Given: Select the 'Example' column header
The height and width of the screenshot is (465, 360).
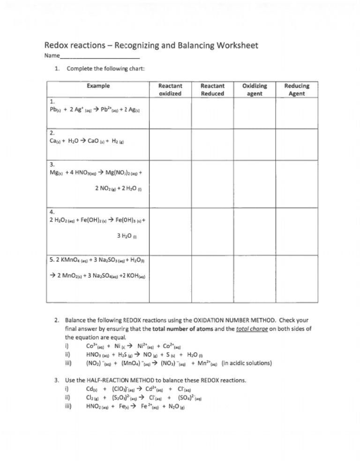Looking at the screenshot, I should [x=98, y=86].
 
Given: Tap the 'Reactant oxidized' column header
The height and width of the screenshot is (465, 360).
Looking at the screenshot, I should [x=170, y=90].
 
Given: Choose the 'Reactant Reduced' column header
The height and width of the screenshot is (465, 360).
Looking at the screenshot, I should [x=212, y=90].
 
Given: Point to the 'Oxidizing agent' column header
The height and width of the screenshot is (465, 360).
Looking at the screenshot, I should [x=255, y=90].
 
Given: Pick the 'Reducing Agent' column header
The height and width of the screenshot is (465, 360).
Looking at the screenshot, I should [x=297, y=90].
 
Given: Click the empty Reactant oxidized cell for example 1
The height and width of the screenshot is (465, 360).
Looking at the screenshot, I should [x=170, y=112].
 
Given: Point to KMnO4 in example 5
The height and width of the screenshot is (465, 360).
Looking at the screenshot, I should [x=77, y=260].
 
